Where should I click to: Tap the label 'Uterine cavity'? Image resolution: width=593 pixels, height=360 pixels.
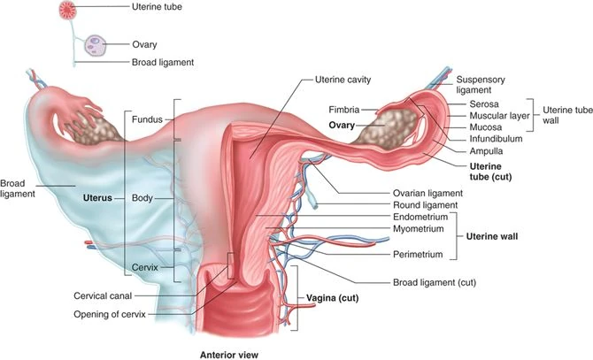click(x=343, y=80)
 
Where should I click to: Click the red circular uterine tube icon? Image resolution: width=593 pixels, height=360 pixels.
click(x=68, y=11)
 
